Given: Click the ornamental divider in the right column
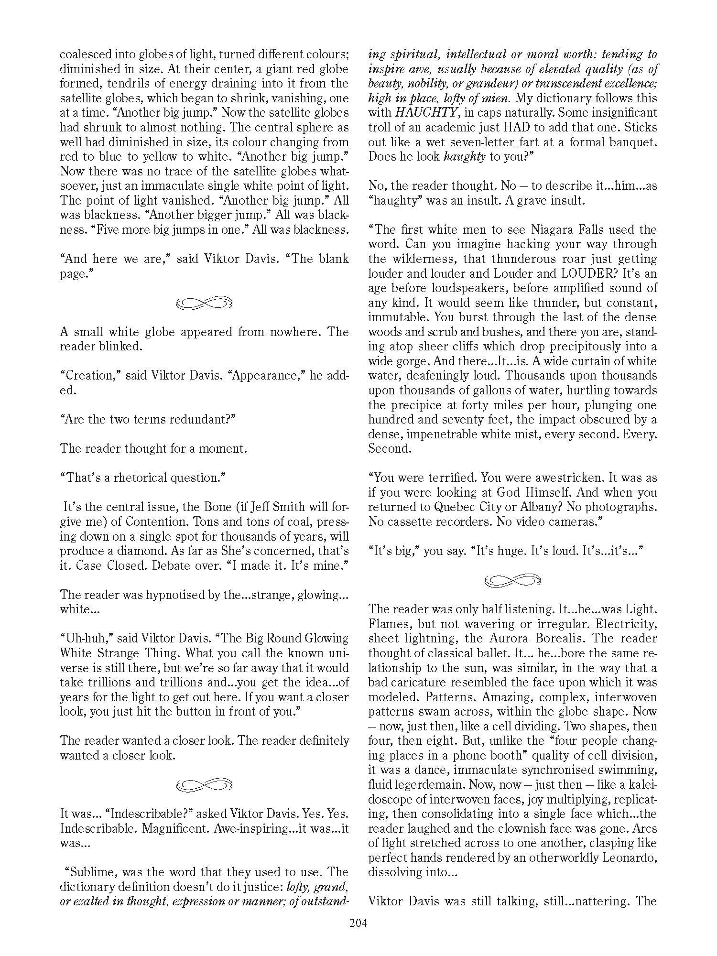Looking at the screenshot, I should pos(512,581).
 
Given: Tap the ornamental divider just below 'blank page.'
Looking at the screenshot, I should pos(204,303).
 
